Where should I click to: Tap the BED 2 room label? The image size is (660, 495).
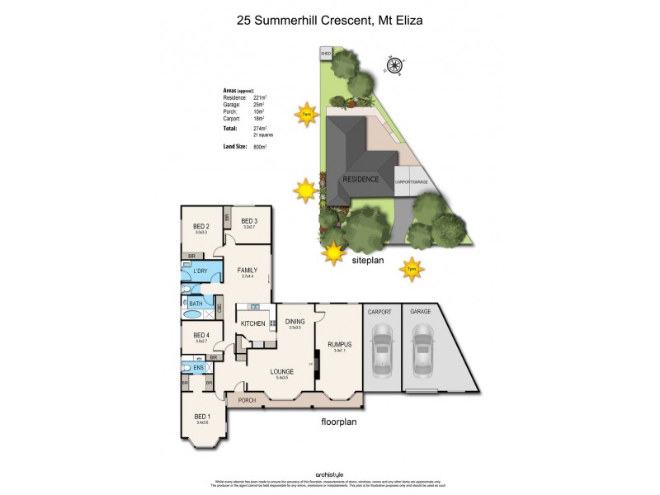pos(201,226)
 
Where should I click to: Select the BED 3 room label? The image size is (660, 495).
pos(249,220)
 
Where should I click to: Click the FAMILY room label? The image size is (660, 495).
pos(247,270)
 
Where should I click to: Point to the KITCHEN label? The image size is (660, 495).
pos(253,323)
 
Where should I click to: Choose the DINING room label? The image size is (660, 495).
pos(295,322)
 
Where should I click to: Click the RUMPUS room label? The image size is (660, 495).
pos(339,344)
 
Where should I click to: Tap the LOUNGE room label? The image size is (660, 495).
pos(282,371)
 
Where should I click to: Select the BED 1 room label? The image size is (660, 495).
pos(202,416)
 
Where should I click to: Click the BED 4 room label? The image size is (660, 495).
pos(201,335)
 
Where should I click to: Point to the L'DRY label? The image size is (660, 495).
pos(200,271)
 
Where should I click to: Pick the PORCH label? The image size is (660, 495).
pos(247,400)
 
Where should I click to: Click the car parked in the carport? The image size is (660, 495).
pos(382,347)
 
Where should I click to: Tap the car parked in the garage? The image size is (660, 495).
pos(422,347)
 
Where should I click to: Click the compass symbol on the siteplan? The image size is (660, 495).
pos(394,64)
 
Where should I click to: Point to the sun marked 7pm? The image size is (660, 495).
pos(410,268)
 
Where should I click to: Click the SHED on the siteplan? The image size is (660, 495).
pos(325,55)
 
